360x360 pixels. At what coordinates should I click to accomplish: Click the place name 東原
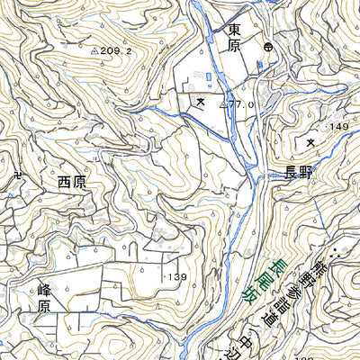[234, 39]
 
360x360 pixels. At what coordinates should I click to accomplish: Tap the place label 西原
[76, 181]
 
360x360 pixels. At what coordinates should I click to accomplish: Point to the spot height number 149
[338, 127]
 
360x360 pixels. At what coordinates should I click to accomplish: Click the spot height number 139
[176, 276]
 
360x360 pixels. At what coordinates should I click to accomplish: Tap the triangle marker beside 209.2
[95, 52]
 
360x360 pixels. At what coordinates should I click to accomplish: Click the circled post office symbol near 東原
[267, 46]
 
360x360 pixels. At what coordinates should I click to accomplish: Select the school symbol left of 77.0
[199, 103]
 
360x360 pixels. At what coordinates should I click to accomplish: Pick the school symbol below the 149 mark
[311, 142]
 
